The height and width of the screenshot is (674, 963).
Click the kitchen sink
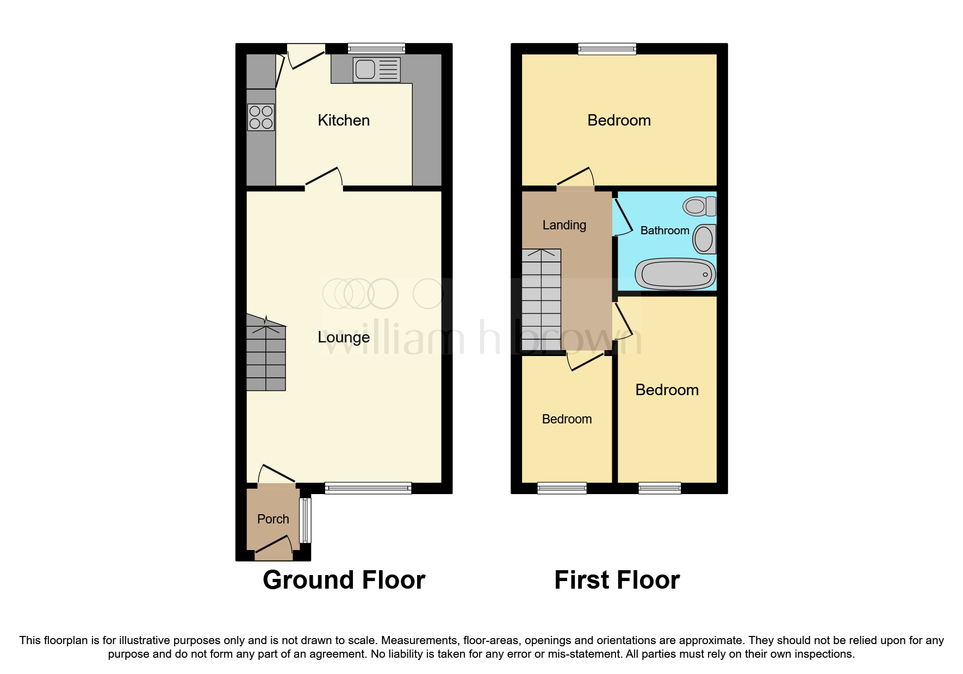click(x=376, y=70)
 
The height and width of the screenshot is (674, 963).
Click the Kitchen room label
click(x=344, y=120)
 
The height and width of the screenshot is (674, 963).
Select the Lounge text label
click(x=344, y=337)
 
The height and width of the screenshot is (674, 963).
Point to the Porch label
click(x=273, y=519)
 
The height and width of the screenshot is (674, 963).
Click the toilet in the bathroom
click(x=700, y=206)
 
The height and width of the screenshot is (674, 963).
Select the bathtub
click(x=676, y=273)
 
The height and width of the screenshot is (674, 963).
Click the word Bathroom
click(x=664, y=230)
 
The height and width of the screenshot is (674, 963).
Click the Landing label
click(x=564, y=225)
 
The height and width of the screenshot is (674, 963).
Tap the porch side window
click(x=306, y=520)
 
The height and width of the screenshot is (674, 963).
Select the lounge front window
click(x=368, y=488)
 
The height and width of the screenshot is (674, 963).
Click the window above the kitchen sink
click(x=376, y=48)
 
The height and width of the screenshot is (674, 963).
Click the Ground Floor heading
click(x=344, y=580)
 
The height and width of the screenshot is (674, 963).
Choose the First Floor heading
click(x=617, y=580)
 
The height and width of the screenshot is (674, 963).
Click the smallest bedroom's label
click(x=567, y=419)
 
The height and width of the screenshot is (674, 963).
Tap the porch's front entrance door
click(x=273, y=548)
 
